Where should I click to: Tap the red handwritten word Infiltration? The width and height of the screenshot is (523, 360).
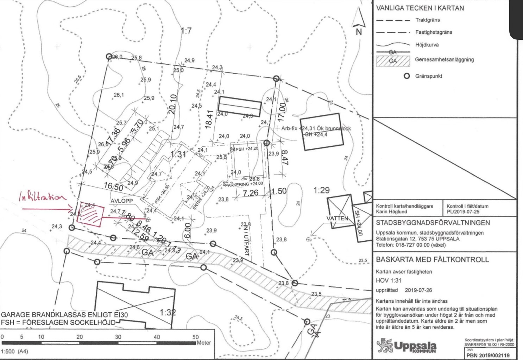tap(42, 197)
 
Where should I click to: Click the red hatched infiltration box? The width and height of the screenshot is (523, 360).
tap(90, 213)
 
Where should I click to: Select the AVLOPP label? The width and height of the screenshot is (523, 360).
tap(122, 201)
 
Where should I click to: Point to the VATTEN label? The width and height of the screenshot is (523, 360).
tap(337, 218)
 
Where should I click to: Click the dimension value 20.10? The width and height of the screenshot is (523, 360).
tap(172, 104)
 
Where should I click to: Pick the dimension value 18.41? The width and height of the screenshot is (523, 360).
tap(209, 119)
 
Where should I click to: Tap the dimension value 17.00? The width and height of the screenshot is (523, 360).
tap(282, 112)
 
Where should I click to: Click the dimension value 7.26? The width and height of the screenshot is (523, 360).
tap(251, 192)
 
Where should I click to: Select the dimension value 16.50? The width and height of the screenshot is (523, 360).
tap(113, 187)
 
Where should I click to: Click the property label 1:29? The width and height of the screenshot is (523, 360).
tap(321, 190)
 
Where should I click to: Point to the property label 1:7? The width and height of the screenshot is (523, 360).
tap(186, 31)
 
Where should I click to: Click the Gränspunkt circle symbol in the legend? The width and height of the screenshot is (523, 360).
tap(407, 76)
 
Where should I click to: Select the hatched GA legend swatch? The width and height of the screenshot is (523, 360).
tap(393, 61)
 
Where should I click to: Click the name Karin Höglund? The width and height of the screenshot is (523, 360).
tap(391, 211)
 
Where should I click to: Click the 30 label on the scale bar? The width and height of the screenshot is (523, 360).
tap(118, 337)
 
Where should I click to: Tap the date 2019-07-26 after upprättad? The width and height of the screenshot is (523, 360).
tap(418, 290)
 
